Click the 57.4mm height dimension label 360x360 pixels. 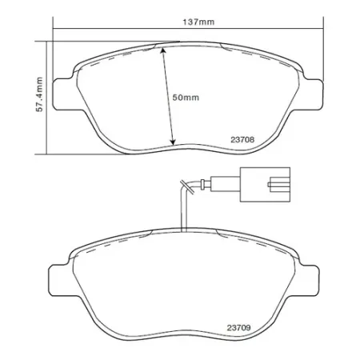click(39, 94)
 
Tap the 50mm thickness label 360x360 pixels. click(186, 97)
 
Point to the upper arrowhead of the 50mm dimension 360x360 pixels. click(163, 49)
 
